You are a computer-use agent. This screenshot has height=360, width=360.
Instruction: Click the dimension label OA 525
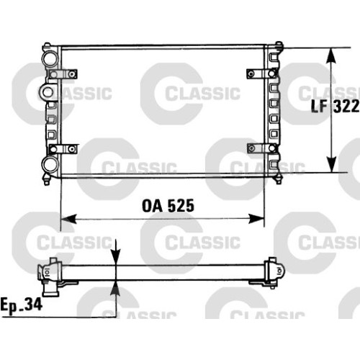point(168,206)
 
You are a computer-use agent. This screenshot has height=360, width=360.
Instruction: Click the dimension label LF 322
point(335,106)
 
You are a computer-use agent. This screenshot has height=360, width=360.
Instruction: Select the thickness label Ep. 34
point(21,305)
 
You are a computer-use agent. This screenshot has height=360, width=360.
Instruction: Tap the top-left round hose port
point(50,58)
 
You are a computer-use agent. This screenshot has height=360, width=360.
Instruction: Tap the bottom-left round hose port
point(50,164)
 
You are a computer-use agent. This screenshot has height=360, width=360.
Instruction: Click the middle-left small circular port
point(48,92)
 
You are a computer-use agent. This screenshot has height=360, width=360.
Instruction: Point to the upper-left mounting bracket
point(63,74)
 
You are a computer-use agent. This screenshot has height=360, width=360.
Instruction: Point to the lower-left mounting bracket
point(63,149)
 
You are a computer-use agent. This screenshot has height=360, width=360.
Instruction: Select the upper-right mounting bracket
point(262,73)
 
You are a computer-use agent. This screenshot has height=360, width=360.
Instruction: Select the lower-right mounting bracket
point(262,148)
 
